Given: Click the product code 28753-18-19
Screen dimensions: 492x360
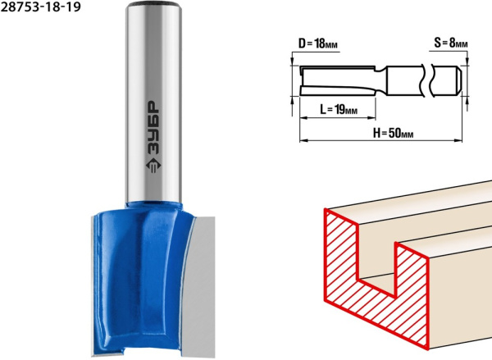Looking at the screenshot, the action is (40, 7).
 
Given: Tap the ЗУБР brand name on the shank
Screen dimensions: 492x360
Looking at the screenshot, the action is (153, 128).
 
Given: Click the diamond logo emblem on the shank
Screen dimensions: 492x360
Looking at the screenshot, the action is (153, 165).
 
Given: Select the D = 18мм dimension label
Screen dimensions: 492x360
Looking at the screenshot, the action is (318, 43).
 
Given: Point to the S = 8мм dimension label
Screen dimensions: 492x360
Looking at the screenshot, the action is (451, 43).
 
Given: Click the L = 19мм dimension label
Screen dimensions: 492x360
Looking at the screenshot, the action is (339, 109).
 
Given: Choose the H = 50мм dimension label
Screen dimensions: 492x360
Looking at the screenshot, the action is (393, 133).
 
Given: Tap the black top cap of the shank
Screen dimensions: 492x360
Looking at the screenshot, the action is (153, 4).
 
